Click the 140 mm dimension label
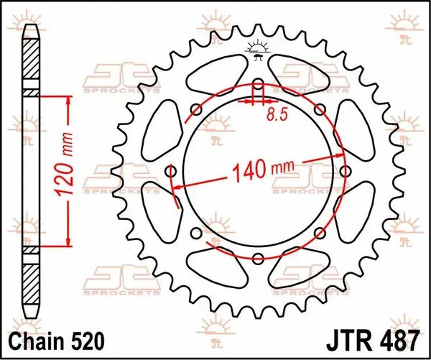pyautogui.click(x=263, y=169)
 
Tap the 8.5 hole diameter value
pyautogui.click(x=277, y=114)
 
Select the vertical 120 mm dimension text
pyautogui.click(x=65, y=165)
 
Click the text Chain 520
pyautogui.click(x=57, y=341)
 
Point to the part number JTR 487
pyautogui.click(x=374, y=341)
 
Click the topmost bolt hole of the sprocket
pyautogui.click(x=258, y=83)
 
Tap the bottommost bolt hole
pyautogui.click(x=258, y=258)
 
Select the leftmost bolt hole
pyautogui.click(x=171, y=172)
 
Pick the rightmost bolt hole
pyautogui.click(x=346, y=171)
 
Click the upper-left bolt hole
pyautogui.click(x=196, y=110)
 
